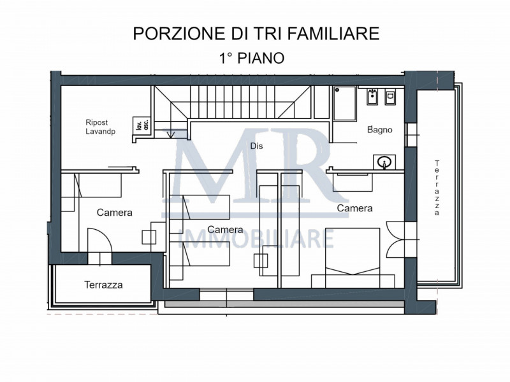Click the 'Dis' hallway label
pos(256,146)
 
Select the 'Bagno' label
pos(379,129)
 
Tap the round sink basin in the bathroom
pos(384,162)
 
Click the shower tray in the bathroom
pos(347,104)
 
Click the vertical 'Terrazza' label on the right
pos(437,188)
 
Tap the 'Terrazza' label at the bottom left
pos(103,285)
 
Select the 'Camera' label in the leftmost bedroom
pos(115,213)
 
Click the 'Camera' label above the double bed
pos(354,208)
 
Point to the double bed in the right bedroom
pos(353,258)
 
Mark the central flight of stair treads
pos(250,102)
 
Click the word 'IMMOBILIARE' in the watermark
pos(258,238)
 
